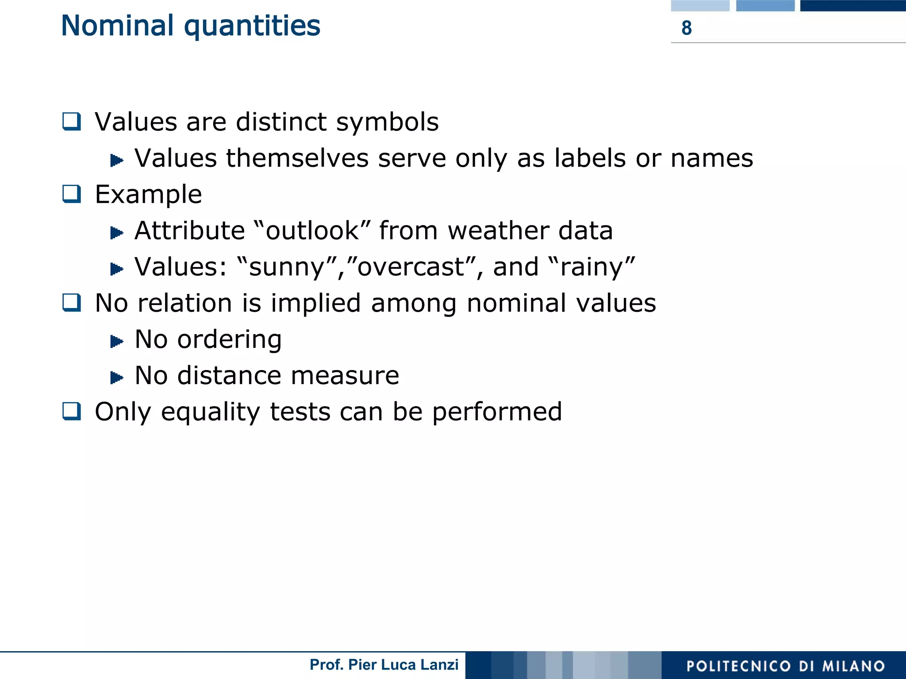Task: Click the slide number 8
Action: click(x=686, y=28)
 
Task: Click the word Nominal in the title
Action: click(x=117, y=26)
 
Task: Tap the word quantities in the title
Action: click(x=252, y=27)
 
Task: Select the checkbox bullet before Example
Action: click(x=72, y=194)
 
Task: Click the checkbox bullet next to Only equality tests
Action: click(x=72, y=412)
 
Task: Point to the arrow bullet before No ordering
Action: click(x=116, y=341)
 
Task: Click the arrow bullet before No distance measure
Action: click(x=116, y=378)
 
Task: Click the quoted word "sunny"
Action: click(x=287, y=267)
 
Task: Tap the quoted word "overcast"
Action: click(x=410, y=267)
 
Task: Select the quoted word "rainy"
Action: click(x=591, y=267)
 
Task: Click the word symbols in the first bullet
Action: click(x=387, y=122)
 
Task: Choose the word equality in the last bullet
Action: click(x=211, y=412)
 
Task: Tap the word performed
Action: click(x=497, y=412)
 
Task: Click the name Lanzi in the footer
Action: click(x=440, y=665)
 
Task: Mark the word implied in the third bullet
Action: click(x=315, y=303)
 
